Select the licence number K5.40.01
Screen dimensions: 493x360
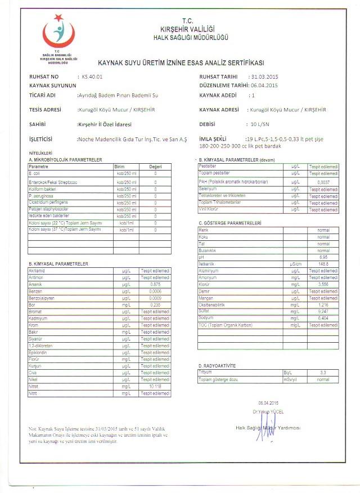pos(92,76)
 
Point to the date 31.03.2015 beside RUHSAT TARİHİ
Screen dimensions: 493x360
pos(265,76)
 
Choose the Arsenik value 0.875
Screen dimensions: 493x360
pos(155,285)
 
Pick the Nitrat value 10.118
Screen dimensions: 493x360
pos(155,387)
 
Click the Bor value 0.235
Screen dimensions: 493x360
pos(155,304)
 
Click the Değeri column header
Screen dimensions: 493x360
pos(155,167)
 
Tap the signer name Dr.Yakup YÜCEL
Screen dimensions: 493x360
pos(268,411)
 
